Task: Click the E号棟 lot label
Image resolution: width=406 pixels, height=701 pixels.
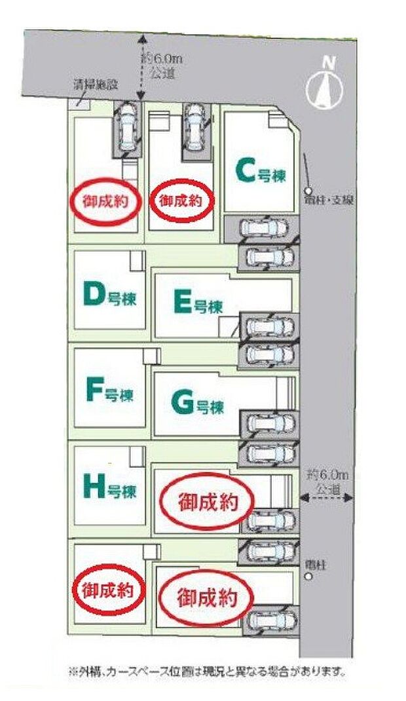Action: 198,303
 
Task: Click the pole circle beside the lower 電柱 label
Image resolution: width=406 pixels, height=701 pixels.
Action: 308,577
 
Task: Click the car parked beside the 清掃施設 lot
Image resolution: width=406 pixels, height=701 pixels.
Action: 126,128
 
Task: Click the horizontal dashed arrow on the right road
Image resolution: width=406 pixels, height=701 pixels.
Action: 327,498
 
